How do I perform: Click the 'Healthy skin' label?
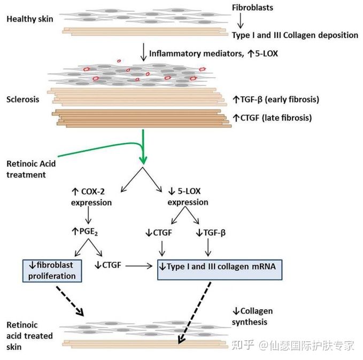(x=30, y=19)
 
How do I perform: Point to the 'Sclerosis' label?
(x=22, y=99)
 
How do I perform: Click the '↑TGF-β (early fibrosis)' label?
(x=276, y=99)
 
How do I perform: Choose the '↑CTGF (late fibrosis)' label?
(x=272, y=118)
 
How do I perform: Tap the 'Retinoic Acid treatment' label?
(x=30, y=168)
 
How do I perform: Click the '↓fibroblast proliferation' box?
(x=52, y=269)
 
